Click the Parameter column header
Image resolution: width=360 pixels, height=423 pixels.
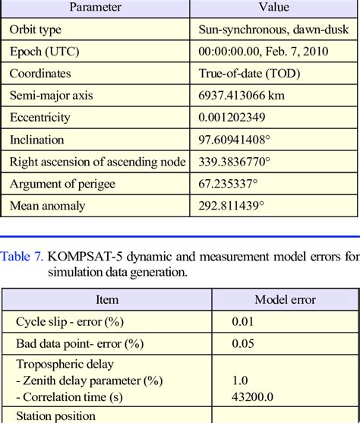tap(95, 8)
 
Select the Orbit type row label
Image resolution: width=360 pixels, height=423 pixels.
tap(36, 30)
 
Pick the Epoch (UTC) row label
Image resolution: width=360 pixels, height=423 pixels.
tap(44, 52)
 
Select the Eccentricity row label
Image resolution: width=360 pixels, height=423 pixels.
tap(39, 118)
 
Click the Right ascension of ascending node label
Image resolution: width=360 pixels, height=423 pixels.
tap(97, 162)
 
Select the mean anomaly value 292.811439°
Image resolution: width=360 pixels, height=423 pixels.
tap(232, 206)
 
